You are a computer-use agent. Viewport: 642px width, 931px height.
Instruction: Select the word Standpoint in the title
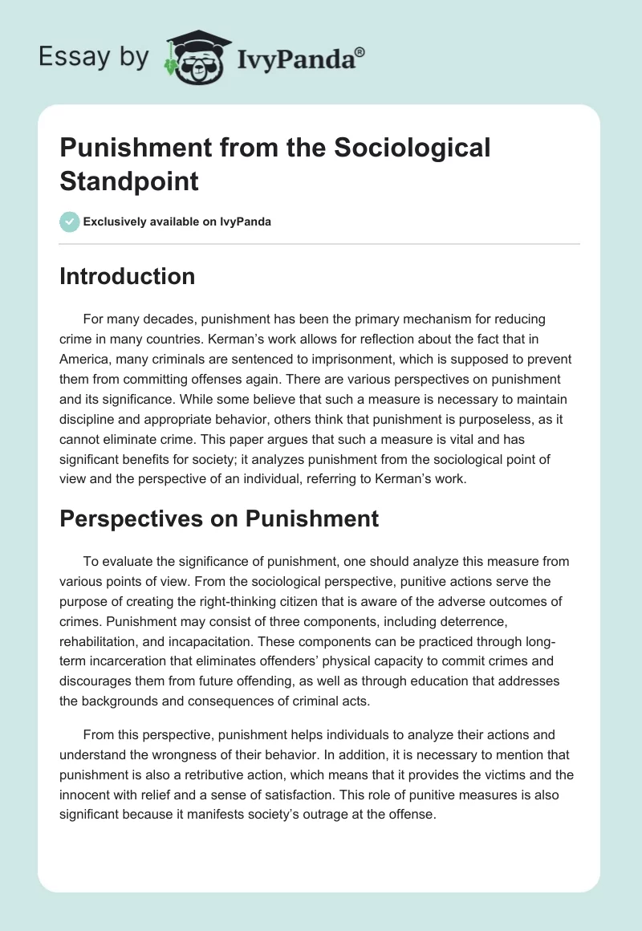[128, 181]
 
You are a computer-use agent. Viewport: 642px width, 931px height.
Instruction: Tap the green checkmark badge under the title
[69, 222]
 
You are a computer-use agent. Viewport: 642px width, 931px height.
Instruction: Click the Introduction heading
[127, 276]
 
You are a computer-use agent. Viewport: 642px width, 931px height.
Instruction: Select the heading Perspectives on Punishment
[219, 518]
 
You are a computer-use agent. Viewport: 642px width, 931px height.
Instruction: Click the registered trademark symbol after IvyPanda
[360, 51]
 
